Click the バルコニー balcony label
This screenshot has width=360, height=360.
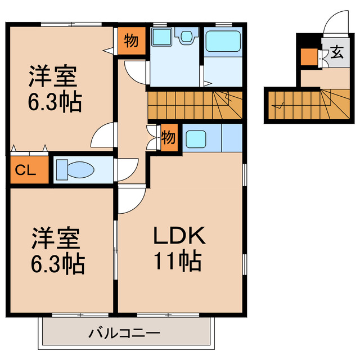[x=124, y=332]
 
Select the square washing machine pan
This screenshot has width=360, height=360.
[x=162, y=38]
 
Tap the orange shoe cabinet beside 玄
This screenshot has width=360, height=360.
[x=308, y=57]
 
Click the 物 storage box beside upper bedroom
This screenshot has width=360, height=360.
[x=130, y=40]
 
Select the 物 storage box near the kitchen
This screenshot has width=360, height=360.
[x=168, y=137]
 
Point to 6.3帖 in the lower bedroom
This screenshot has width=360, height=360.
[x=57, y=263]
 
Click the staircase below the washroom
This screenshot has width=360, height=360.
[x=194, y=105]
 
